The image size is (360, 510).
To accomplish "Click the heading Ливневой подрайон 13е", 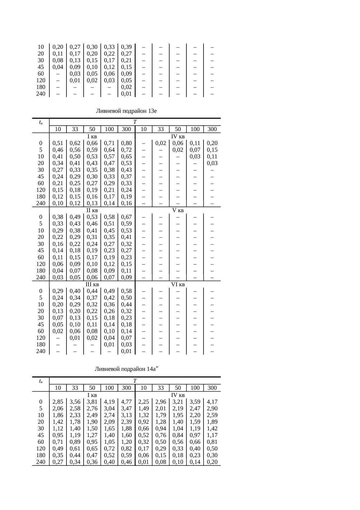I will [126, 111].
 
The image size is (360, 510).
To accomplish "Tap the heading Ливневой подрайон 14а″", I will [126, 369].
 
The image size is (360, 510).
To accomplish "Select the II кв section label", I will [92, 210].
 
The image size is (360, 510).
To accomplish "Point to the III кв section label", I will [92, 284].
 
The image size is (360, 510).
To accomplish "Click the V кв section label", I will [178, 210].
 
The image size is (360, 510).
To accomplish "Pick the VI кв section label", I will [178, 284].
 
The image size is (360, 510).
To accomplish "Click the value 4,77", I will [126, 402].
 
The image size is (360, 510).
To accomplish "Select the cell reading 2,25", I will [144, 402].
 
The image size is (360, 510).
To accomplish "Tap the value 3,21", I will [178, 402].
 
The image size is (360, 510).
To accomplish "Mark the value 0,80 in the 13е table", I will [126, 143].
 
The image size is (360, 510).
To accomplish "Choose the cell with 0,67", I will [126, 217].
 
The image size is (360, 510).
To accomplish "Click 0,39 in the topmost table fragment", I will [126, 47].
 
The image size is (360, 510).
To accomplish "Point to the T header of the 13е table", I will [135, 122].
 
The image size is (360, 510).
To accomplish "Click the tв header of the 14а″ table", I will [41, 381].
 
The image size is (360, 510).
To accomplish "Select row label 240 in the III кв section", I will [41, 351].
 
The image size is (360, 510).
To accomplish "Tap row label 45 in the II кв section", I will [41, 250].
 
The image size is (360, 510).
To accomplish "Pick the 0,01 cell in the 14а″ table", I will [144, 462].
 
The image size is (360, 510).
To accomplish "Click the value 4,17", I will [212, 402].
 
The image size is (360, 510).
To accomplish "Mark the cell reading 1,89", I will [212, 422].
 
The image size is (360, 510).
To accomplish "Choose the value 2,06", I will [58, 409].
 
